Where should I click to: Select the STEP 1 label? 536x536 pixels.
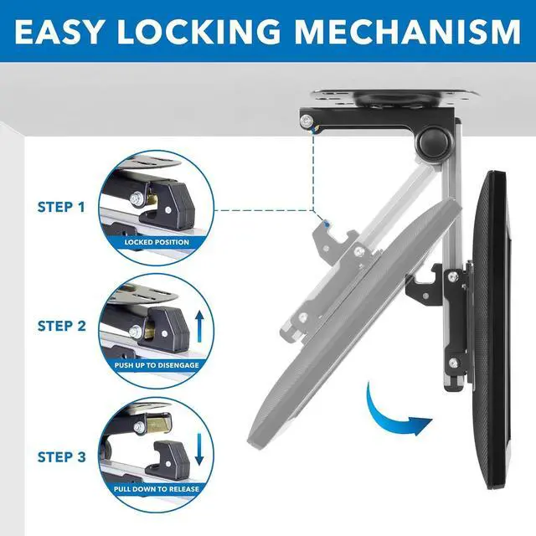(x=60, y=205)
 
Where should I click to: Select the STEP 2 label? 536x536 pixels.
(x=60, y=327)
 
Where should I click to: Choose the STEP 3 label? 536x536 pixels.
(x=60, y=457)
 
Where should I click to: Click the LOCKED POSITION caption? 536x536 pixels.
(x=157, y=242)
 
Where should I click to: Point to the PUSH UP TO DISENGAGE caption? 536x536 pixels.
(x=157, y=366)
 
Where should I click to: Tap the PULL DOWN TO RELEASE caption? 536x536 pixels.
(x=157, y=488)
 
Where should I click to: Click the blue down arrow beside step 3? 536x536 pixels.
(x=198, y=448)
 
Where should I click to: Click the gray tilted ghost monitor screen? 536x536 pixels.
(x=352, y=335)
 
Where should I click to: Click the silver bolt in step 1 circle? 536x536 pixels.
(x=135, y=200)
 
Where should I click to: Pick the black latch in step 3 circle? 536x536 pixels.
(x=173, y=453)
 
